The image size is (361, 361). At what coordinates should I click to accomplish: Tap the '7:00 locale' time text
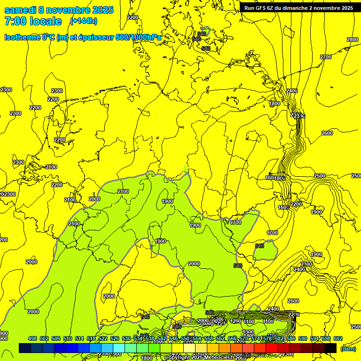coord(32,21)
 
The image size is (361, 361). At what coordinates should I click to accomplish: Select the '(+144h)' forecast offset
coord(84,21)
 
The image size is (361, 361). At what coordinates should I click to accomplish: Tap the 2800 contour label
coord(352,39)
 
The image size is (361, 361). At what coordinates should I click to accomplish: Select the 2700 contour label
coord(325,57)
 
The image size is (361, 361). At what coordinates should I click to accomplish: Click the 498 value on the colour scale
coord(32,338)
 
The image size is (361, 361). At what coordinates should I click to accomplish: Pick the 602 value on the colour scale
coord(338,338)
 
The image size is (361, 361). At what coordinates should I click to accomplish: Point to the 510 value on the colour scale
coord(68,338)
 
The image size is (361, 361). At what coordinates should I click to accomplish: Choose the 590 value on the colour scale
coord(303,338)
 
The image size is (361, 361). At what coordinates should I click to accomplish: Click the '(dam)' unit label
coord(348,348)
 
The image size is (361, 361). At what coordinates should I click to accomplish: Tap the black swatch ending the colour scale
coord(330,348)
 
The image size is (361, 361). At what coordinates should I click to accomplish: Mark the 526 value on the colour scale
coord(115,338)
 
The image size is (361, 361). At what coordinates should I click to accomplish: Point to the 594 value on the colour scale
coord(314,338)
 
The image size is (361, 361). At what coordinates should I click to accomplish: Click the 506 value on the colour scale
coord(56,338)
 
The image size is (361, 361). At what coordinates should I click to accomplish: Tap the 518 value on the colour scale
coord(91,338)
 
